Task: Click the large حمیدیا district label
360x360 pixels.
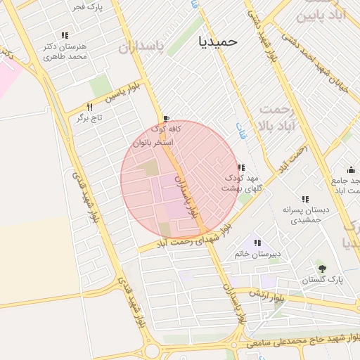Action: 218,41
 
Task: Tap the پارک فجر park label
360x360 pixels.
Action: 87,7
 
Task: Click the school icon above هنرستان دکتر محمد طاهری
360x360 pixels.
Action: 65,35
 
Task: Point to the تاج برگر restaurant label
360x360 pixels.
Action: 90,117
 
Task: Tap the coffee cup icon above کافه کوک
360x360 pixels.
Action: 166,119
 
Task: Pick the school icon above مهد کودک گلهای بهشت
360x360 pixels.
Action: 241,167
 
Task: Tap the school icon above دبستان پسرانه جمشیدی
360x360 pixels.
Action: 304,199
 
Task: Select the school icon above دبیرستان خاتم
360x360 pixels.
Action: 257,243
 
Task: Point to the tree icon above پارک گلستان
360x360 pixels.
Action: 322,268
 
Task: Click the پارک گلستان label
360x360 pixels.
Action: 323,279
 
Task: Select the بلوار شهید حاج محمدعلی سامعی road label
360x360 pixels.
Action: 300,341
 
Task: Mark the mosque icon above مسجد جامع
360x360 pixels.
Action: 351,169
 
